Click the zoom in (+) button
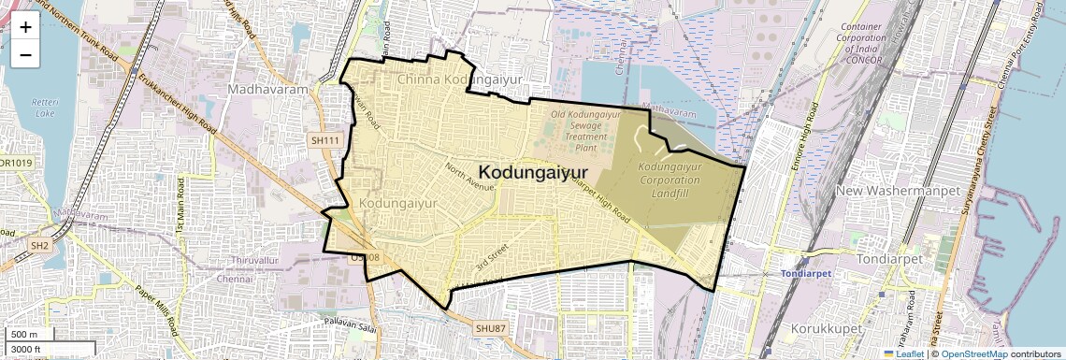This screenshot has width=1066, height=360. (x=25, y=27)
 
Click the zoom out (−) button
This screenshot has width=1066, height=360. (x=25, y=55)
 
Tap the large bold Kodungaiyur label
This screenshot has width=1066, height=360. (x=540, y=172)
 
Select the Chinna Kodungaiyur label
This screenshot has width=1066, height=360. (x=458, y=80)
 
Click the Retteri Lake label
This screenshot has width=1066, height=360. (x=44, y=107)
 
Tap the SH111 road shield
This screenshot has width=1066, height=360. (x=324, y=140)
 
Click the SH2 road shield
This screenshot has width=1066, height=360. (x=39, y=245)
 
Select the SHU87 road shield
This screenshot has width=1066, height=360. (x=489, y=328)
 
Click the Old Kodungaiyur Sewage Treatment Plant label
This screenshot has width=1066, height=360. (x=585, y=131)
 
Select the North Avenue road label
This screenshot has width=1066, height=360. (x=469, y=178)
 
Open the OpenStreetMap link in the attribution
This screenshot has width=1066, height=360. (x=973, y=353)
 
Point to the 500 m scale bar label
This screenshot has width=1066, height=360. (x=25, y=335)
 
